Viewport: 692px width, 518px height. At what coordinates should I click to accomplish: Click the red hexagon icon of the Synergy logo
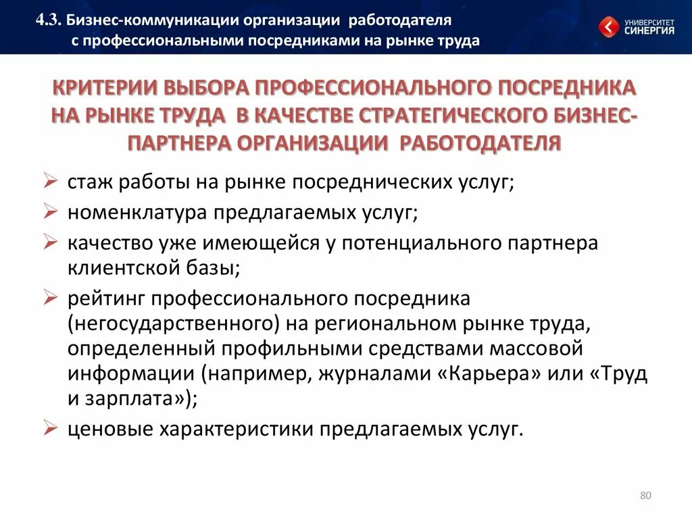tap(609, 27)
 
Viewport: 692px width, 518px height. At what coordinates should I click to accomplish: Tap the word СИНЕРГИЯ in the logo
tap(649, 30)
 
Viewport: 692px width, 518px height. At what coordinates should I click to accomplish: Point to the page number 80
tap(645, 496)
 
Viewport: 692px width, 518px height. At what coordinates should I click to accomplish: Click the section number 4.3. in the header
tap(50, 22)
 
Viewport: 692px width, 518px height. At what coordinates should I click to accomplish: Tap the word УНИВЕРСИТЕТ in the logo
tap(649, 21)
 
